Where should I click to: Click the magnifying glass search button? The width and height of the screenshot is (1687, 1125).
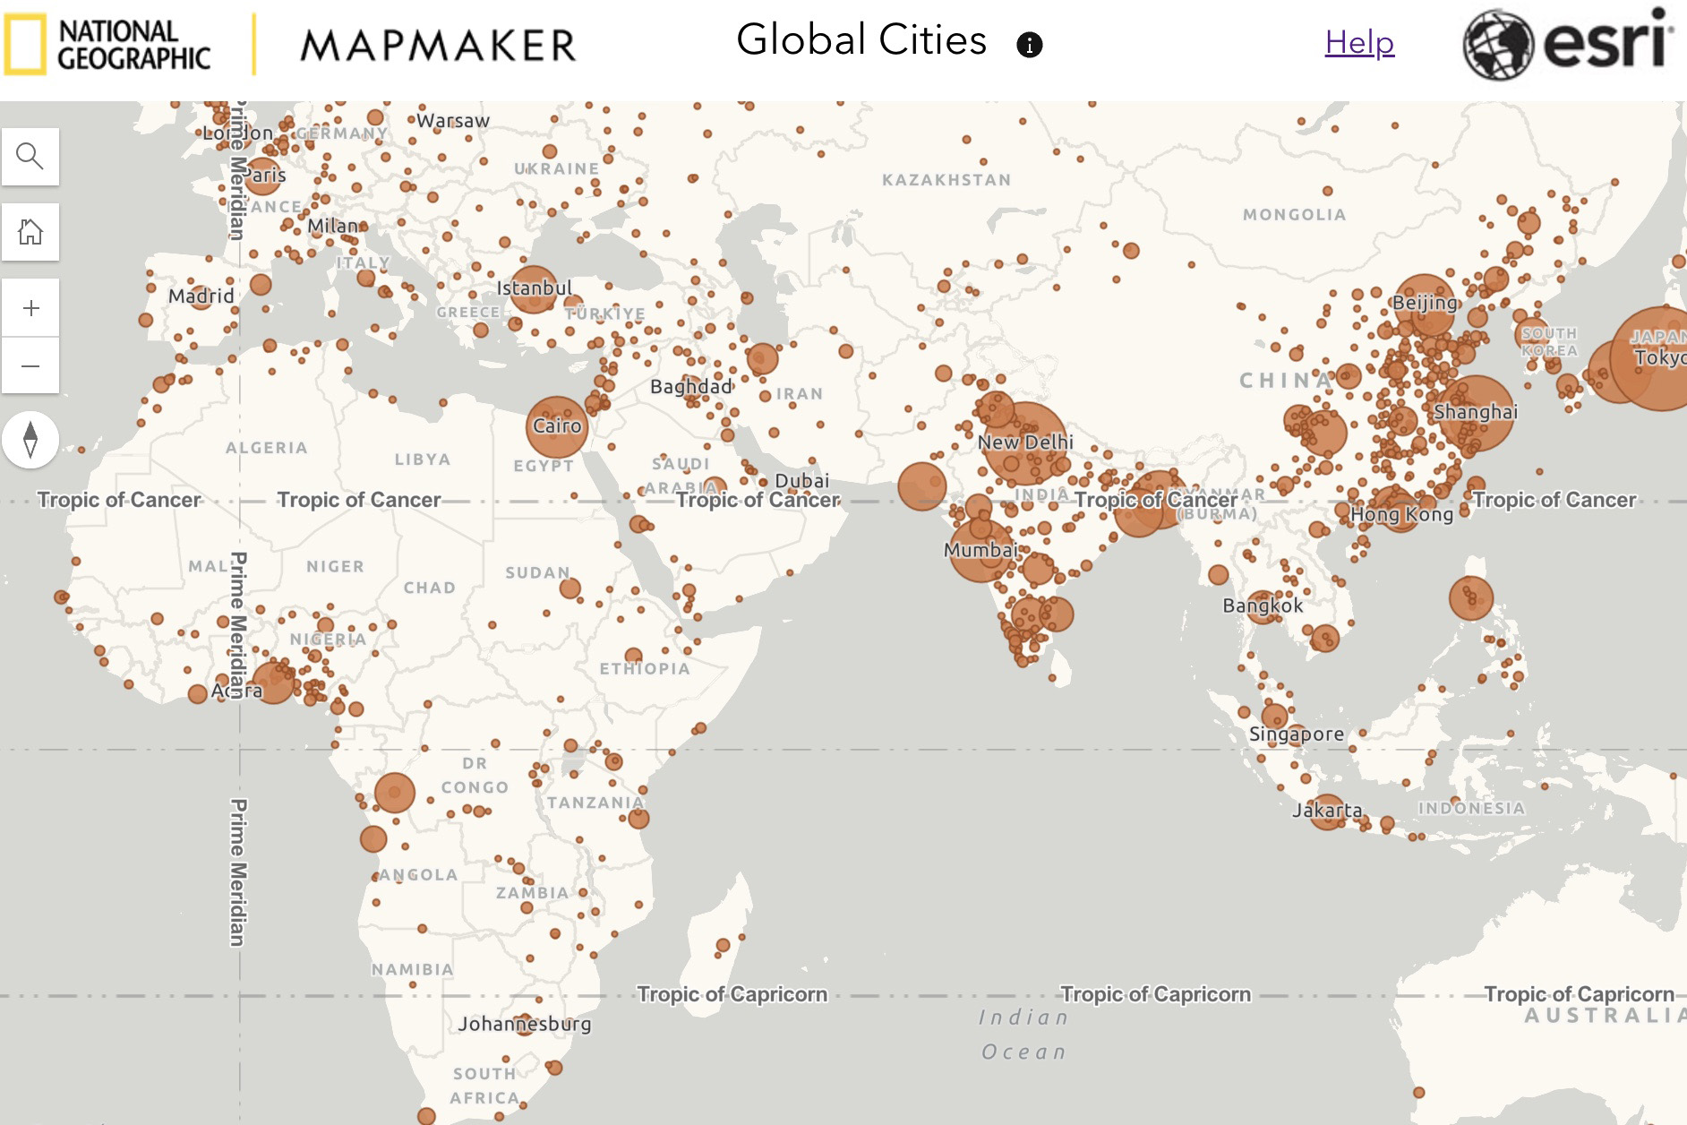[30, 157]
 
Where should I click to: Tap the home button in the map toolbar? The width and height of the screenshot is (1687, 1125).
[30, 232]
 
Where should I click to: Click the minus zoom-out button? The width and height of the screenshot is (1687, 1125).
[30, 365]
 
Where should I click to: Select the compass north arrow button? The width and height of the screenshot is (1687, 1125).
[30, 440]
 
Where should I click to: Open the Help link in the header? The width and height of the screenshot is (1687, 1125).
[1359, 42]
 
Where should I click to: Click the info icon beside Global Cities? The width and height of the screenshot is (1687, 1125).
[1030, 45]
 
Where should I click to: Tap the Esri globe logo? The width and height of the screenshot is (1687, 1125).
[1498, 45]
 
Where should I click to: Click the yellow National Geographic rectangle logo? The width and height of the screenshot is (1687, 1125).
[24, 45]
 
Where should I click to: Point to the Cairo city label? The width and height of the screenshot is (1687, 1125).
[557, 425]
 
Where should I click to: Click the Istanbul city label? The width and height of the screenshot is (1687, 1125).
[534, 288]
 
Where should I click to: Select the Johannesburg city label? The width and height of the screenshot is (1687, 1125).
[525, 1023]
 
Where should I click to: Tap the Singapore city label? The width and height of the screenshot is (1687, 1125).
[1296, 734]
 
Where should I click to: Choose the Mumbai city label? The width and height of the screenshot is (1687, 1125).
[981, 549]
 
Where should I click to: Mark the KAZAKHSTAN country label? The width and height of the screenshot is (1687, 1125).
[946, 180]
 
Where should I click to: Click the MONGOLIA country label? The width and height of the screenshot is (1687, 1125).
[1294, 215]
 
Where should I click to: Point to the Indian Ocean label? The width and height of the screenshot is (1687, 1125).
[1024, 1035]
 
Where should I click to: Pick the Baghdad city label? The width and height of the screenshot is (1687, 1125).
[691, 386]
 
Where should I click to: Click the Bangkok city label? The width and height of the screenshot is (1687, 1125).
[1263, 605]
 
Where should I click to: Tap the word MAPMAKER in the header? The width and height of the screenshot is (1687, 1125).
[438, 46]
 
